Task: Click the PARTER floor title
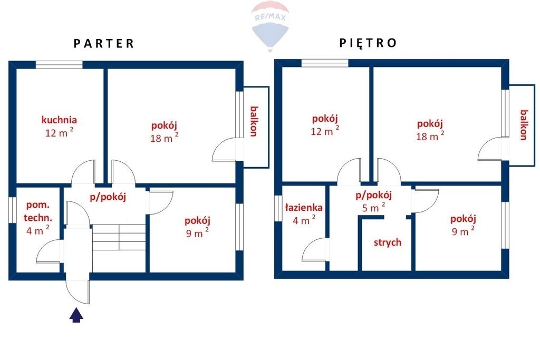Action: (x=104, y=43)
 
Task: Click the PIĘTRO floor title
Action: (x=368, y=43)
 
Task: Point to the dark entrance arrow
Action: (x=76, y=315)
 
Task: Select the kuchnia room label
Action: (x=59, y=120)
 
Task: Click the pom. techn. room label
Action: (x=38, y=211)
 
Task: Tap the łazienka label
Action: (x=304, y=208)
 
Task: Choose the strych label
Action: (x=388, y=242)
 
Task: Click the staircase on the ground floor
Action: (x=119, y=238)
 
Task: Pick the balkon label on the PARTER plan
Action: (x=254, y=121)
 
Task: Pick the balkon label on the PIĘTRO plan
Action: (x=524, y=124)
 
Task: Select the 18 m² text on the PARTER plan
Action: (x=164, y=138)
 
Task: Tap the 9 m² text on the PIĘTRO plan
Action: (x=463, y=231)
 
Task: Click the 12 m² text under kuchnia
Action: (x=59, y=132)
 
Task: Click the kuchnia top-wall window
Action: (x=59, y=65)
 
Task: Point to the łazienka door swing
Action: (x=315, y=249)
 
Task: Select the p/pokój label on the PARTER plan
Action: (x=108, y=197)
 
